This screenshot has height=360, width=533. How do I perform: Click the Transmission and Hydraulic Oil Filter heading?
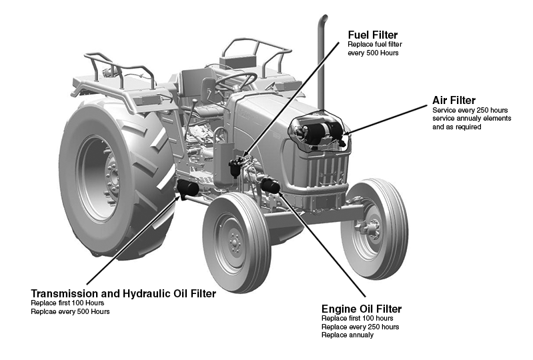(123, 293)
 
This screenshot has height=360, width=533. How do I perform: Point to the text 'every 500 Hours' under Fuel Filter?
(373, 53)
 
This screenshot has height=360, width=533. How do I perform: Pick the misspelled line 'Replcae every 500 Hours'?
(70, 311)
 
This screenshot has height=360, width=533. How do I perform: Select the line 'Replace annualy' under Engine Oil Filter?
(347, 335)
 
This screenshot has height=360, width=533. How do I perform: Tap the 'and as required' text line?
(456, 127)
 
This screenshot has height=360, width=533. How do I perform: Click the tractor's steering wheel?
(235, 81)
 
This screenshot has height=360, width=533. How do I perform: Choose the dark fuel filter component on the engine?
(237, 167)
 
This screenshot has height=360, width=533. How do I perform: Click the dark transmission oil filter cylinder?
(187, 189)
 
